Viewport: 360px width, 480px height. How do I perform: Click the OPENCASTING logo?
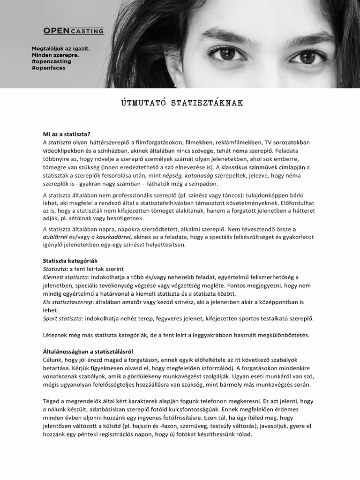pos(74,31)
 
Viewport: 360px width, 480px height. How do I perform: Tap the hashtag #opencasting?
pos(52,61)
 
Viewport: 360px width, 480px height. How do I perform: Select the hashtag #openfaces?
pos(48,67)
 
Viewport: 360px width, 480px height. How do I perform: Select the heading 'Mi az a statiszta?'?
pos(67,134)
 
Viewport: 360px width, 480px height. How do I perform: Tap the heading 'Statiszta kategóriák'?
pos(70,260)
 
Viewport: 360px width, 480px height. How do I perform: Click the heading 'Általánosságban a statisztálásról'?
pos(88,351)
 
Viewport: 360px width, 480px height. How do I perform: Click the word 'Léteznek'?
pos(56,335)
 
